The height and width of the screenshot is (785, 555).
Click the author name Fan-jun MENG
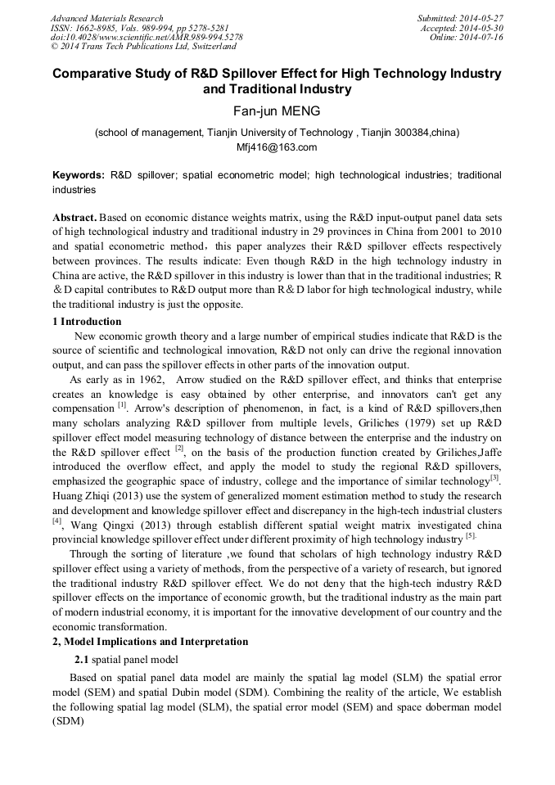point(277,111)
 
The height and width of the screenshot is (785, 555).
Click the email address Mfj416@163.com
point(277,147)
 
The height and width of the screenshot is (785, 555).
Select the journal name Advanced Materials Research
point(106,18)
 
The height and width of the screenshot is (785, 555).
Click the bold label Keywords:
point(79,175)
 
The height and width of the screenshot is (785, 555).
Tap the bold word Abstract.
point(75,219)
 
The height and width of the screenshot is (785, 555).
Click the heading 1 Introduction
point(87,322)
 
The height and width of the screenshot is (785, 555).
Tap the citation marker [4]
point(57,521)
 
